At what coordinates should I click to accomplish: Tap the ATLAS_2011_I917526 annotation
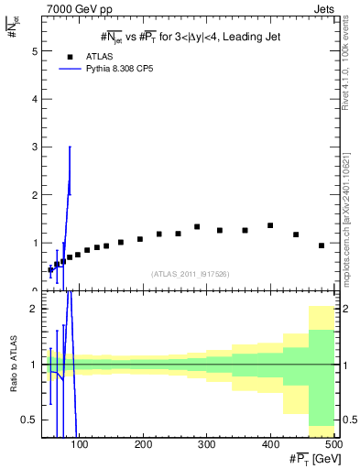click(190, 274)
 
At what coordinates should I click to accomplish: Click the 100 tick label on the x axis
click(80, 445)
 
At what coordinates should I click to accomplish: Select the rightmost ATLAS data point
click(322, 245)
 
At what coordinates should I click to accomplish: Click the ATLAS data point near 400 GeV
click(270, 225)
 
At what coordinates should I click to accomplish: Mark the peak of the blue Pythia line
click(70, 147)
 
